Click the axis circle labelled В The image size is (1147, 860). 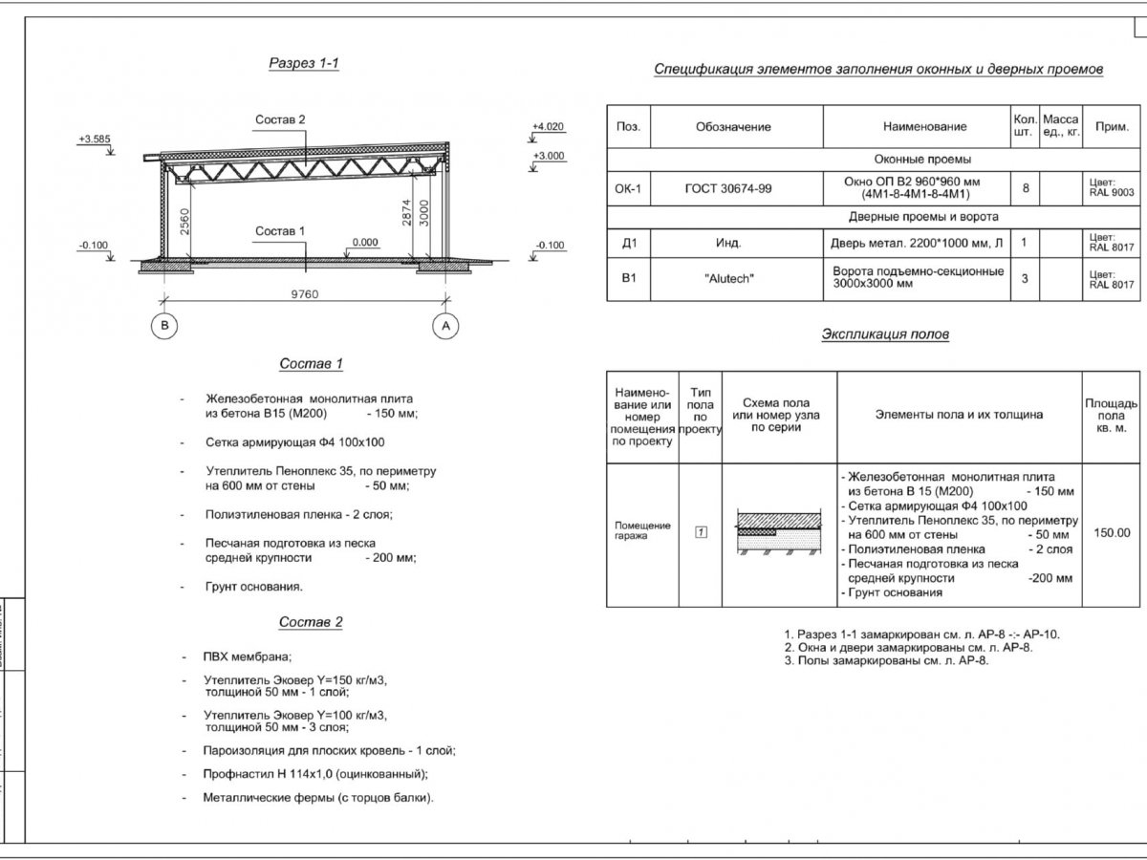pyautogui.click(x=165, y=326)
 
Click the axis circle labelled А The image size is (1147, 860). pyautogui.click(x=445, y=326)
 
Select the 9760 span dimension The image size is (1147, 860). pyautogui.click(x=305, y=293)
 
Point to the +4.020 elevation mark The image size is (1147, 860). pyautogui.click(x=549, y=126)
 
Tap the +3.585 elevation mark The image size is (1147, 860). pyautogui.click(x=96, y=139)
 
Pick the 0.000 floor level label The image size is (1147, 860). pyautogui.click(x=365, y=243)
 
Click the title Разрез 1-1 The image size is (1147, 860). pyautogui.click(x=304, y=64)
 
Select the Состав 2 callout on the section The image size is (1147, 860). pyautogui.click(x=280, y=119)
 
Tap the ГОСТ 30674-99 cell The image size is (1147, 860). pyautogui.click(x=728, y=189)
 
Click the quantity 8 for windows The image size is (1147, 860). pyautogui.click(x=1026, y=189)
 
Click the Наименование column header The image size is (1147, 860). pyautogui.click(x=924, y=126)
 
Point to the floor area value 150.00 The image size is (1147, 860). pyautogui.click(x=1112, y=533)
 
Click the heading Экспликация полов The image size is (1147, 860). pyautogui.click(x=885, y=334)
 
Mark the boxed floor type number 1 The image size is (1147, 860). pyautogui.click(x=701, y=532)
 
